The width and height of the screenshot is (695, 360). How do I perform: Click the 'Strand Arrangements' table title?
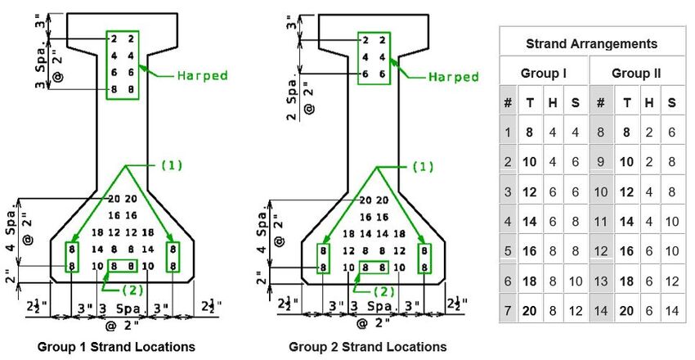[591, 44]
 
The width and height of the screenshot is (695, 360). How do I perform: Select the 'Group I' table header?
[543, 73]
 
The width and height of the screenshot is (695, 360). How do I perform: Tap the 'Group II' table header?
[636, 73]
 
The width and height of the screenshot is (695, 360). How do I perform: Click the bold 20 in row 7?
[529, 311]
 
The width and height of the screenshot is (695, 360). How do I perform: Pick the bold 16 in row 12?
[626, 251]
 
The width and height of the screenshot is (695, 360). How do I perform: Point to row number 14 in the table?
[601, 311]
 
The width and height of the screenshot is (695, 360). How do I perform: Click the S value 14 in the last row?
[672, 311]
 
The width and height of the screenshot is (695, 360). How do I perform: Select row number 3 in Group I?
[508, 192]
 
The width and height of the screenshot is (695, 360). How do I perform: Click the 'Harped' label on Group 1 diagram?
[203, 75]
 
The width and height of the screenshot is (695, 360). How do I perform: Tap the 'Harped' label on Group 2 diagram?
[454, 77]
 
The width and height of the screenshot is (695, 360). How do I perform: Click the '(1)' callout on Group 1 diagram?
[171, 165]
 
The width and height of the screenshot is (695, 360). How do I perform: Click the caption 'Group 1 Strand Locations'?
[116, 346]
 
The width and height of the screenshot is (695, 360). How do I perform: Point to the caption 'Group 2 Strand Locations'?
[367, 346]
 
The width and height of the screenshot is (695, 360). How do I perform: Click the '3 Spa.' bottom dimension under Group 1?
[121, 308]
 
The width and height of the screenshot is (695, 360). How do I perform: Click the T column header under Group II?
[627, 103]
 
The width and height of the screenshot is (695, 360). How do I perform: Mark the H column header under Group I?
[552, 103]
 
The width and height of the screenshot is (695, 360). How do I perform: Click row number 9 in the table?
[601, 162]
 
